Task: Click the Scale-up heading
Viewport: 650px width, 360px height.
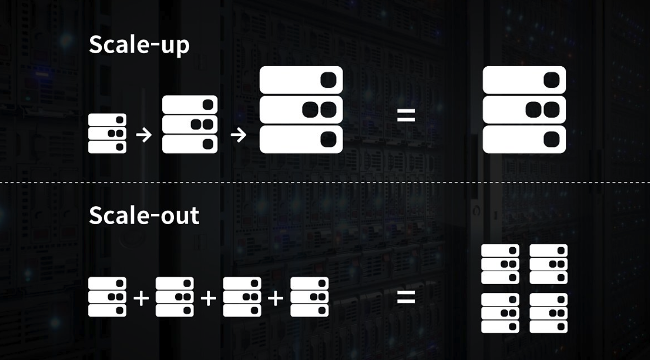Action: (139, 45)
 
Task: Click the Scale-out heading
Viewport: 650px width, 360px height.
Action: (144, 215)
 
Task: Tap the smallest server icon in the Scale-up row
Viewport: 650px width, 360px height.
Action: (108, 133)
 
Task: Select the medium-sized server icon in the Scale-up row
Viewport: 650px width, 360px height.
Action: (190, 124)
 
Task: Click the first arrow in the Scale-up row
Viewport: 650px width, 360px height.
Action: (144, 135)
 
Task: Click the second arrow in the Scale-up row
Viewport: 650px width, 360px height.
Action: (238, 135)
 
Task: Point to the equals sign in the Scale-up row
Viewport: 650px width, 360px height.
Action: (406, 115)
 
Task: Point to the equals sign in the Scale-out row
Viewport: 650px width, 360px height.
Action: (406, 297)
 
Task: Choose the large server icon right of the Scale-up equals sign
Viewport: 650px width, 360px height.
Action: (524, 110)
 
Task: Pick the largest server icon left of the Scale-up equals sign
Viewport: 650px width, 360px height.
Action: (301, 110)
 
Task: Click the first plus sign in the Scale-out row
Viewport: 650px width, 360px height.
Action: (141, 299)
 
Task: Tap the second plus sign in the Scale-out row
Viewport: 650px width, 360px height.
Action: (208, 299)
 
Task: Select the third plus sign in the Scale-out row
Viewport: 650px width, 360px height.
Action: (276, 299)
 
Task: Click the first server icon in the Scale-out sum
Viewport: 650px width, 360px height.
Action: (108, 297)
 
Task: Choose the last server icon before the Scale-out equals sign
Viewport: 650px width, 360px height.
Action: (310, 297)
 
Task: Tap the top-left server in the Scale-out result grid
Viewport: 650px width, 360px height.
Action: (500, 264)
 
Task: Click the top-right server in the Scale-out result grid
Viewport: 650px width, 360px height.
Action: (549, 264)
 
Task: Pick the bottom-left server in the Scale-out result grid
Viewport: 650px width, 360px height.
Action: (500, 313)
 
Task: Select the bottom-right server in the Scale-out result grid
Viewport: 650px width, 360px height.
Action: (549, 313)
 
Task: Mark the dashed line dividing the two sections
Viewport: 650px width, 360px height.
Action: (325, 183)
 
